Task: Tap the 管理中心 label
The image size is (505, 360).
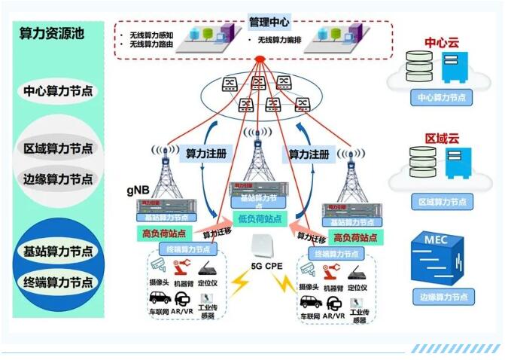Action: click(x=269, y=23)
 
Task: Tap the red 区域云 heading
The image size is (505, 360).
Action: click(x=442, y=139)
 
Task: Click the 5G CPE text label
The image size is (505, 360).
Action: click(x=267, y=265)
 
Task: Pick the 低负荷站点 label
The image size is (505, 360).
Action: click(x=260, y=219)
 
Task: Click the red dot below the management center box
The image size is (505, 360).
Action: click(x=260, y=59)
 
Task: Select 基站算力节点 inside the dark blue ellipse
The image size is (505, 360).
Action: click(x=58, y=251)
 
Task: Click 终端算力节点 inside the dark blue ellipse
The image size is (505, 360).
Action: click(x=58, y=283)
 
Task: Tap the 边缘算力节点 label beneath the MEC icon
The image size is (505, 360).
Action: click(x=442, y=297)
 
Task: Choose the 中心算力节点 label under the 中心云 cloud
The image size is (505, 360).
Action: click(x=442, y=97)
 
